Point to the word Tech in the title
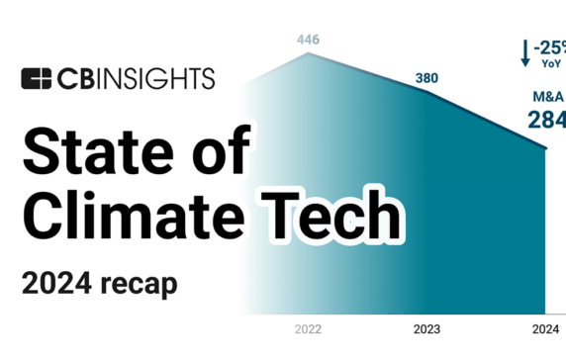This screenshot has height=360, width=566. coord(340,215)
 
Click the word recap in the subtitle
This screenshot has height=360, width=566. coord(141,283)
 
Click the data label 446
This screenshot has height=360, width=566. coord(309,41)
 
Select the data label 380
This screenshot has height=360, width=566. coord(426,79)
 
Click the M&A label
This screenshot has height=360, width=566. coord(546,97)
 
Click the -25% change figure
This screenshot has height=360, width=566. coord(549,45)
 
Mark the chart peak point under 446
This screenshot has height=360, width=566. coord(309,53)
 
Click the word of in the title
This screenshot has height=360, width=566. coord(217,154)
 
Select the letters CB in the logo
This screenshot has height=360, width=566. coord(73,78)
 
